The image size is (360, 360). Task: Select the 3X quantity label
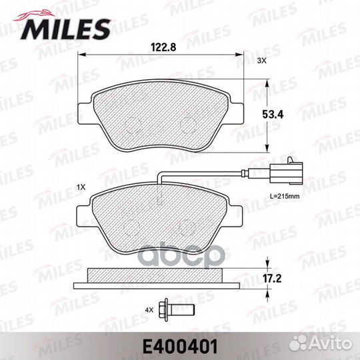[262, 61]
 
